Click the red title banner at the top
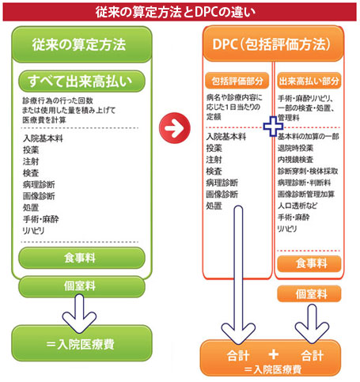point(180,12)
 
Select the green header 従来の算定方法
point(81,44)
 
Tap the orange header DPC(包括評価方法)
point(273,43)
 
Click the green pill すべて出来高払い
point(81,81)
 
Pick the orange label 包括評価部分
point(237,81)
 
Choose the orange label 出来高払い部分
point(309,81)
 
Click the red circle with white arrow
point(175,128)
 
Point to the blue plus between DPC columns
point(273,127)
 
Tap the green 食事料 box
point(81,258)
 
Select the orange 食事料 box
point(309,263)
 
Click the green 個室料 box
point(81,286)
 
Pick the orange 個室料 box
point(309,293)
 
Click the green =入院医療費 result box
point(81,343)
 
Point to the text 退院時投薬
point(295,148)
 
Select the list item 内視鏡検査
point(295,160)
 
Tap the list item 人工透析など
point(297,206)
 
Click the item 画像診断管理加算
point(306,195)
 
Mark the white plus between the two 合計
point(274,354)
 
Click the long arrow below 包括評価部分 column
point(238,274)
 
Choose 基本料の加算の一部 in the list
point(308,136)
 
